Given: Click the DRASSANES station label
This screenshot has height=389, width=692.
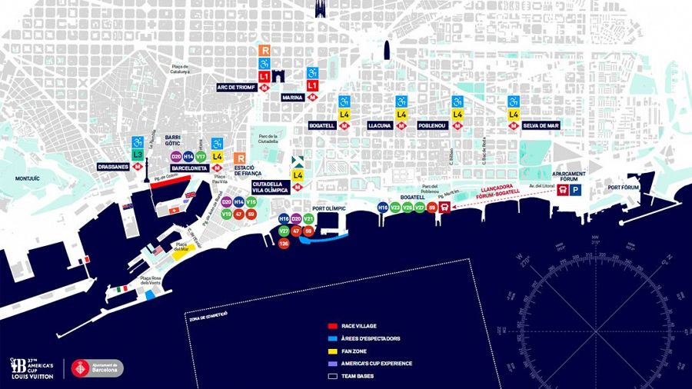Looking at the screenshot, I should [x=113, y=166].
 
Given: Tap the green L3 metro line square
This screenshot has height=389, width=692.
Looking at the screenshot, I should [x=138, y=155].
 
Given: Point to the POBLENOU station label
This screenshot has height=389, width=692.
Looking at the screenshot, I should [x=432, y=125].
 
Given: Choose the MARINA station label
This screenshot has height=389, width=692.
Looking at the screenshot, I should [x=292, y=98].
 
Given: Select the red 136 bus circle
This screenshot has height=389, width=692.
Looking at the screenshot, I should [x=284, y=244].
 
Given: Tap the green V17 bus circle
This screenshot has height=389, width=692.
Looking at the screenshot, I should [x=201, y=156].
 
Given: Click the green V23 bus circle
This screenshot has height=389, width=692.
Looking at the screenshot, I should [x=395, y=207].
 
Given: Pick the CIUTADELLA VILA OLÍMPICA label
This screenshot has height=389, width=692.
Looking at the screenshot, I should [x=270, y=187].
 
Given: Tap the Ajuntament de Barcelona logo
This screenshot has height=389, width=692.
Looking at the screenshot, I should [x=97, y=368].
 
